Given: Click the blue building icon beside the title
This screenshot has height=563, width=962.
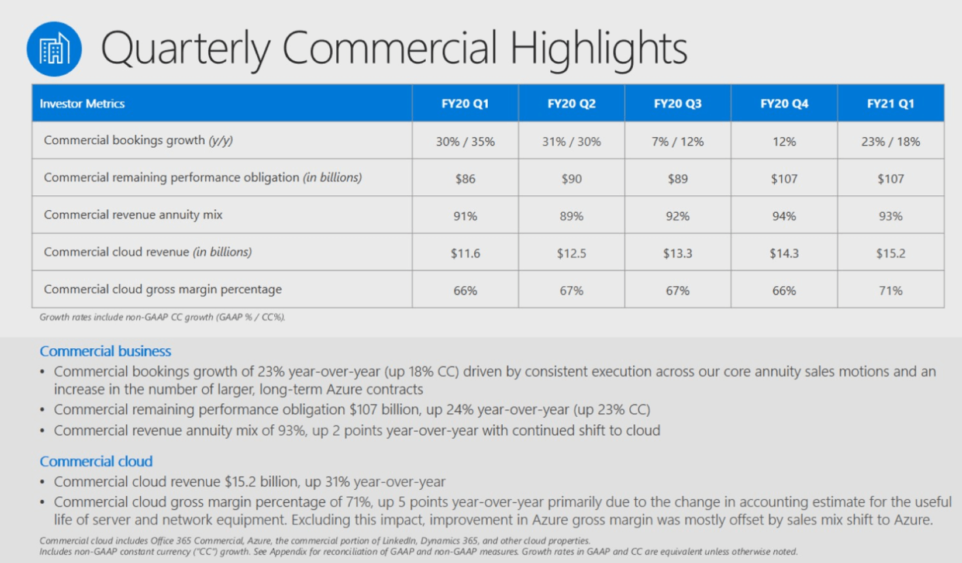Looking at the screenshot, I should tap(54, 49).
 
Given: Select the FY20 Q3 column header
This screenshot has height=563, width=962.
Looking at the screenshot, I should tap(678, 104).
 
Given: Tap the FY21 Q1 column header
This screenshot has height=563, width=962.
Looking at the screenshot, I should tap(891, 104).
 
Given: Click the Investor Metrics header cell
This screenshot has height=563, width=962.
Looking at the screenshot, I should tap(82, 104).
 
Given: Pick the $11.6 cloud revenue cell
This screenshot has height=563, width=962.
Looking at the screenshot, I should tap(465, 253).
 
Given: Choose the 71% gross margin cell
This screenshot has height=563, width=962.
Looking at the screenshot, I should tap(891, 290).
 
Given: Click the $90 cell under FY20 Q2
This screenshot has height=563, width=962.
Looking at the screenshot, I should tap(571, 179).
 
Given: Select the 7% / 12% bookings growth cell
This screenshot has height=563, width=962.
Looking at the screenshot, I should tap(678, 142).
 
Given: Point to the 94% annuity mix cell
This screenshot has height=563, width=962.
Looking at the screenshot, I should tap(784, 216).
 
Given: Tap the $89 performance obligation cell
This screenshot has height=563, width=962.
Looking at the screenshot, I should tap(678, 179).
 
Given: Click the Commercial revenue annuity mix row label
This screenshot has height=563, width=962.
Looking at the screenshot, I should tap(133, 215).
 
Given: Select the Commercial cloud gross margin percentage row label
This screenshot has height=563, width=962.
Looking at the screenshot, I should tap(163, 289).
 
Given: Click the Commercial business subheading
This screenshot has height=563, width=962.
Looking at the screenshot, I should tap(105, 352).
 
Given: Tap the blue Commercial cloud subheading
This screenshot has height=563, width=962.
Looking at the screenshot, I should tap(96, 462).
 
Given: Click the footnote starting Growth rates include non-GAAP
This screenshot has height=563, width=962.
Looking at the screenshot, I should tap(162, 318).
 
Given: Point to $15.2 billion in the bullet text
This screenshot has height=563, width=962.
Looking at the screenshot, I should tap(261, 482).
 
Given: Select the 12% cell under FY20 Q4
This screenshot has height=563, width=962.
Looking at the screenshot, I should tap(784, 142).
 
